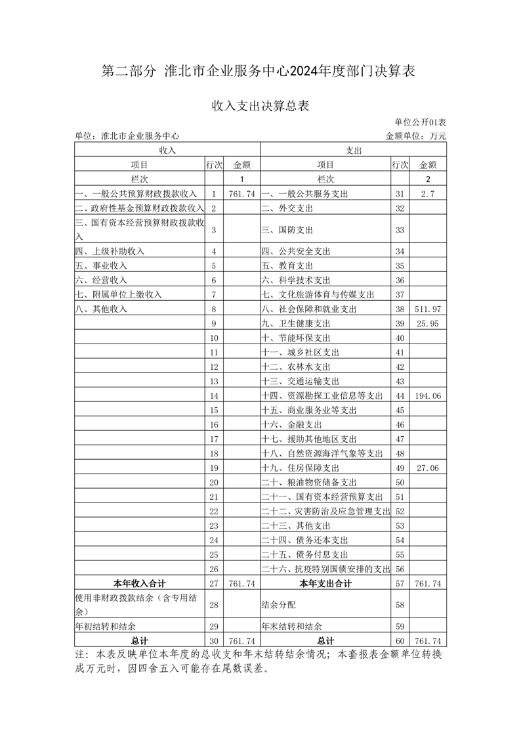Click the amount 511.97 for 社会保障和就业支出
pos(428,309)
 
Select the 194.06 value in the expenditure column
pos(428,395)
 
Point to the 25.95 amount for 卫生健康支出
pos(428,323)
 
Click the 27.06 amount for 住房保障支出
pos(428,468)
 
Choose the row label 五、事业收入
pos(101,265)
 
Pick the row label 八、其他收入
pos(101,309)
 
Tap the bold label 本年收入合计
pos(139,583)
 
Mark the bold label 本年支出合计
pos(325,583)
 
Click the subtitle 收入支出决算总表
pos(260,106)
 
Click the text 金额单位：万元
pos(416,136)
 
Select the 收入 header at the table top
pos(167,150)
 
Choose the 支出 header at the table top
pos(354,150)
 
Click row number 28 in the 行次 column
pos(214,604)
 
